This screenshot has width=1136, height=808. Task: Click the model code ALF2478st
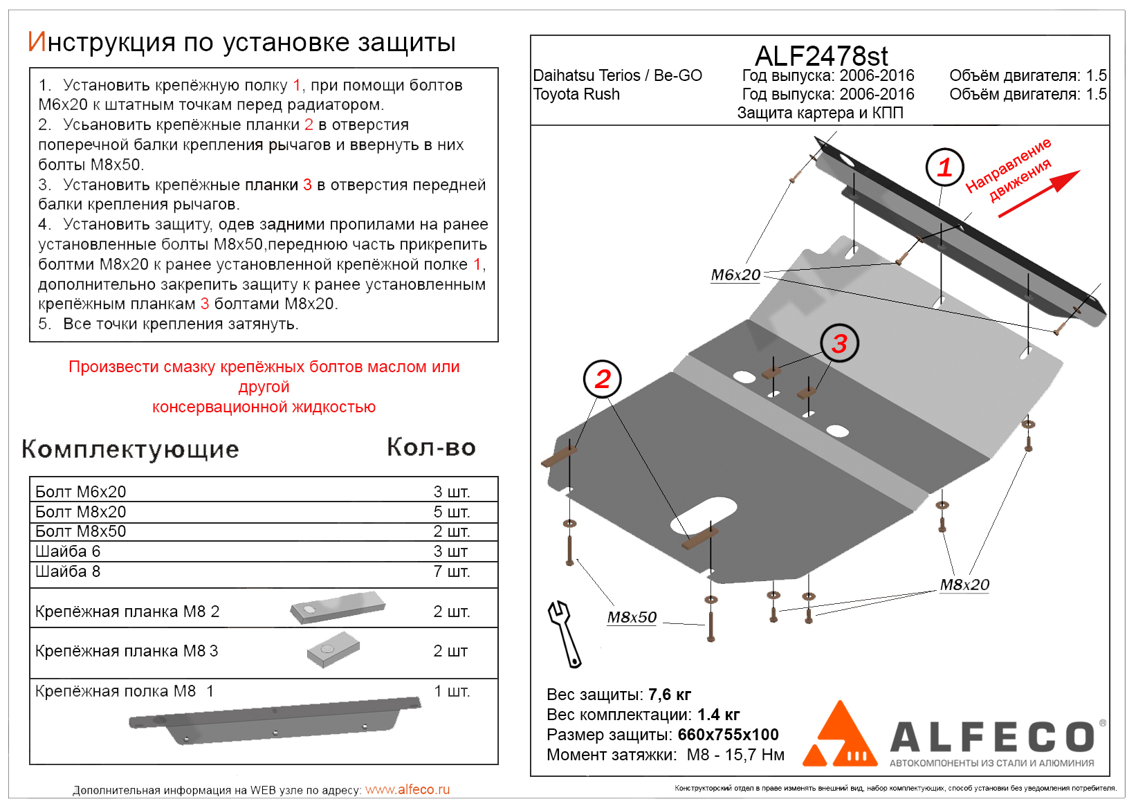point(821,56)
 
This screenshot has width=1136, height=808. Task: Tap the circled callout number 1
point(945,167)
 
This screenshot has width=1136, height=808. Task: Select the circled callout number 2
point(603,379)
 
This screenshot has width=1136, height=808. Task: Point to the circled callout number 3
point(839,343)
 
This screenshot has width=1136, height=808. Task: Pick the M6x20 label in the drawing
point(735,275)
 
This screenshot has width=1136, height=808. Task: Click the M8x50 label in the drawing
point(632,618)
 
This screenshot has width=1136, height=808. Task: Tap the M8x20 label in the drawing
point(964,585)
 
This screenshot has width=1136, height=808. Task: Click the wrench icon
point(565,634)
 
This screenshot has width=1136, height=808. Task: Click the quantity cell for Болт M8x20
point(451,512)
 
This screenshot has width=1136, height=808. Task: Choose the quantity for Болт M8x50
point(451,531)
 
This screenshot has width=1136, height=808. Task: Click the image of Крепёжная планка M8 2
point(338,607)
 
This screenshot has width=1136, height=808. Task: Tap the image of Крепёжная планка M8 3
point(333,650)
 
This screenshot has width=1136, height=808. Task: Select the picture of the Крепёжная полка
point(275,722)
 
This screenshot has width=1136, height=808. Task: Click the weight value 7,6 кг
point(670,695)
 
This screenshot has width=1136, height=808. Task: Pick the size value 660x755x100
point(728,735)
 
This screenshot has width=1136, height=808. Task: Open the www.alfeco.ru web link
point(407,790)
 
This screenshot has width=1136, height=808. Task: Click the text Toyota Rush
point(576,95)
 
